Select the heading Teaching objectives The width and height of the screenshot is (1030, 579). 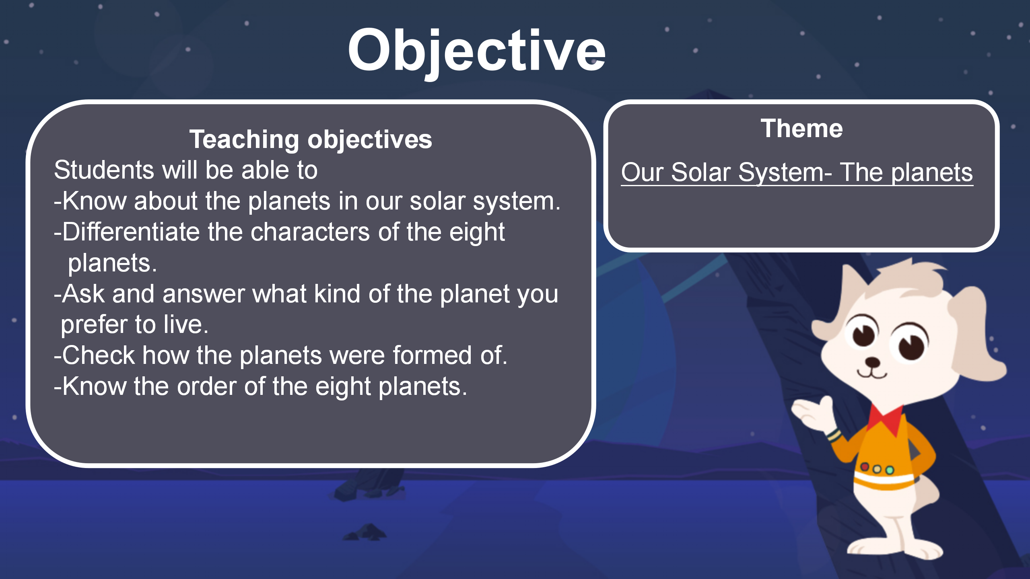tap(311, 140)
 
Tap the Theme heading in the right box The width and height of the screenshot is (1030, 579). tap(801, 129)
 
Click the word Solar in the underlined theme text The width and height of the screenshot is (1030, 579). tap(700, 172)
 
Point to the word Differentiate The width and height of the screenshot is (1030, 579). tap(131, 232)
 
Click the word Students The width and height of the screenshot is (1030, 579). tap(104, 170)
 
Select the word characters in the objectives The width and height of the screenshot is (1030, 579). tap(310, 232)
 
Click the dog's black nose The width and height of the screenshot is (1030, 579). tap(872, 363)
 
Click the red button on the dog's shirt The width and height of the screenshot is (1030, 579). tap(865, 466)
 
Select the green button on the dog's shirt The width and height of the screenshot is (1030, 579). tap(890, 470)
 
